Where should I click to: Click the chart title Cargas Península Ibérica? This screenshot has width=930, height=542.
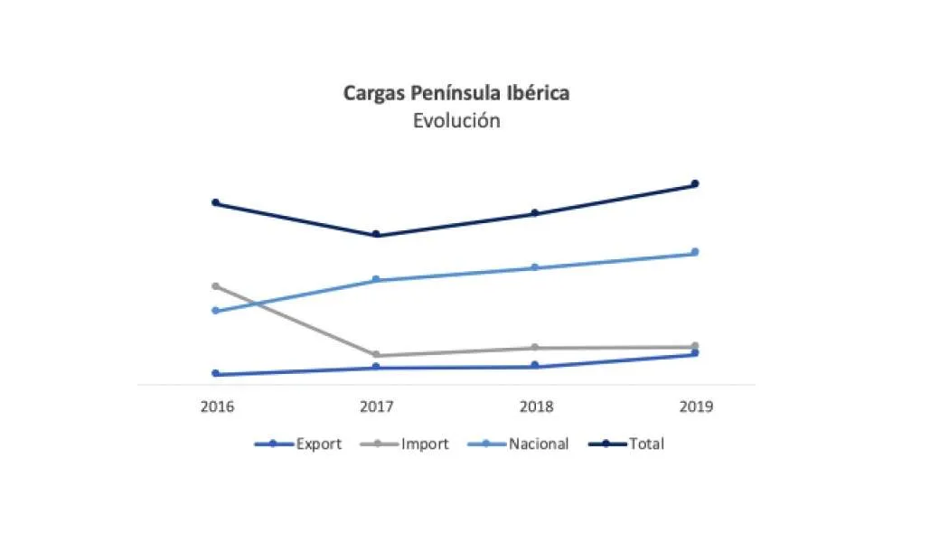tap(456, 93)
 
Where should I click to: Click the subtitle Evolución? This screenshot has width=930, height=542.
tap(456, 120)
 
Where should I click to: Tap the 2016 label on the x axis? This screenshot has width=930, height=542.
tap(217, 406)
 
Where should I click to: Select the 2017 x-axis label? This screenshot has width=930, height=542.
tap(377, 406)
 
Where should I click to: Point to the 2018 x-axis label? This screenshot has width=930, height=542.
tap(536, 406)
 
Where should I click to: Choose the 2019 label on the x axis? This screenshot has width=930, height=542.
tap(696, 406)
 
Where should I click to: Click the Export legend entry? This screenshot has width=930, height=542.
tap(298, 444)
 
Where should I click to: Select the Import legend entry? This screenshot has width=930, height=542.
tap(405, 444)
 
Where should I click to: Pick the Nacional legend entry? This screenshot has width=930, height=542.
tap(518, 444)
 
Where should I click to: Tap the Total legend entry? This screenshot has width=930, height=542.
tap(626, 444)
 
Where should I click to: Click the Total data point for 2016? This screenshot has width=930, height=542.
tap(215, 203)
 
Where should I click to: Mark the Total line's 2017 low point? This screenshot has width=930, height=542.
tap(376, 234)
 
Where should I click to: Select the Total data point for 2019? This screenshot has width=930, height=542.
tap(695, 184)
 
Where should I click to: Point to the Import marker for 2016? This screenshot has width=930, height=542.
tap(215, 286)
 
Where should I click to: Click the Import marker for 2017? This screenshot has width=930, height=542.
tap(376, 355)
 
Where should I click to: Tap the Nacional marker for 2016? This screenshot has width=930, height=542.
tap(215, 311)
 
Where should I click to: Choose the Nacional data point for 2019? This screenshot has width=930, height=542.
tap(695, 252)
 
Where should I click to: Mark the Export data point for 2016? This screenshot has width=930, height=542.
tap(215, 374)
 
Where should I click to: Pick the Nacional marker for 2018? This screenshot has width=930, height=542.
tap(535, 267)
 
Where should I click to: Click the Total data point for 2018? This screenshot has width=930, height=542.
tap(535, 213)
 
